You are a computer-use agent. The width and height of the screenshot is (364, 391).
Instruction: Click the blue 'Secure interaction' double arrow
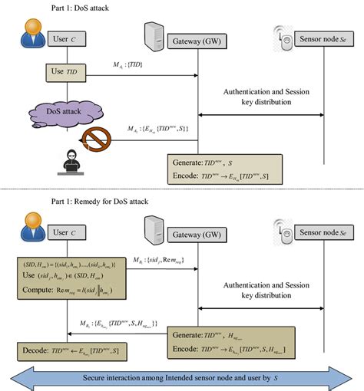click(x=182, y=377)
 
